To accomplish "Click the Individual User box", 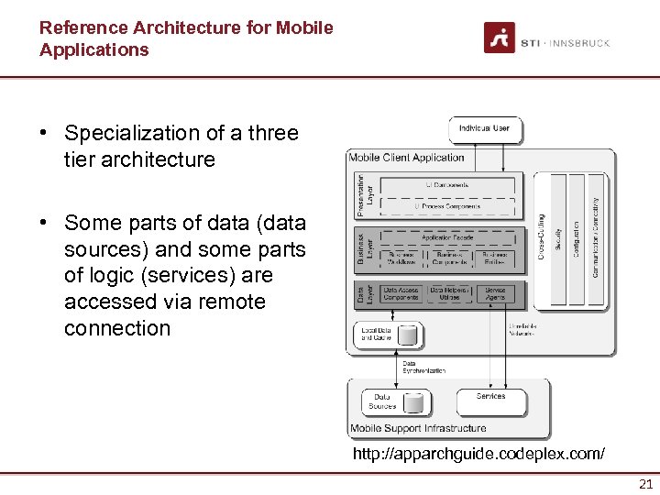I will (x=485, y=129).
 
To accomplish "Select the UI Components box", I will (x=446, y=184).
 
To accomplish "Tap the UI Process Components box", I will (x=446, y=206).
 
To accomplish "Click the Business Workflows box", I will (x=401, y=258).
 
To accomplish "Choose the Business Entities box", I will (x=495, y=258).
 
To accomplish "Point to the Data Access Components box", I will (x=401, y=294).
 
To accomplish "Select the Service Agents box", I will (x=495, y=294).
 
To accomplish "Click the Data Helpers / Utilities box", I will (x=449, y=294).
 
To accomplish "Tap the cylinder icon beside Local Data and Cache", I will (x=407, y=335).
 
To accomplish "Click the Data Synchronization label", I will (x=424, y=367).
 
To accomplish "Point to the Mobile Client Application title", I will (x=406, y=158).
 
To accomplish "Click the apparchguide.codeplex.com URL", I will (x=478, y=454).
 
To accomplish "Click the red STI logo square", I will (x=499, y=38).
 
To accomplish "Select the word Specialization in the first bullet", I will (x=128, y=134).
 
